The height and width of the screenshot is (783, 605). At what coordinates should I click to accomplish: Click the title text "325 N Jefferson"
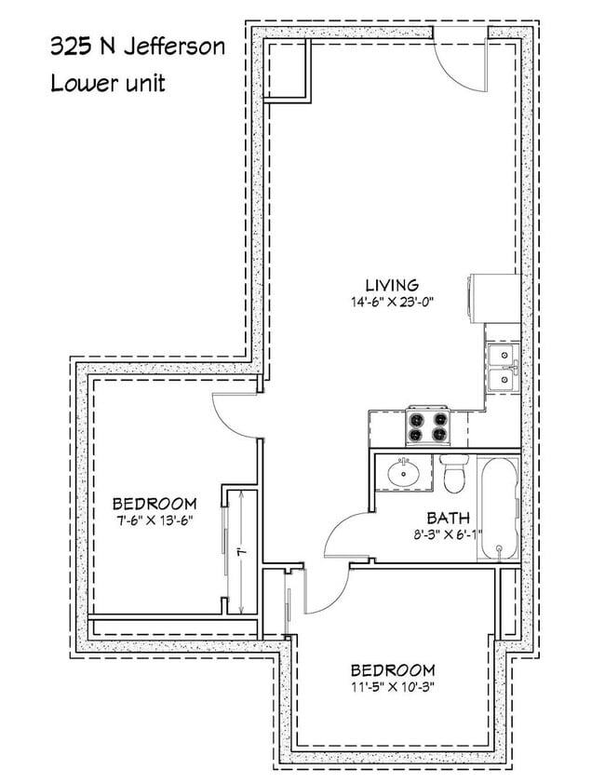coord(137,47)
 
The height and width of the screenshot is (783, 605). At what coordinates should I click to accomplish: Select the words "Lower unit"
coord(108,83)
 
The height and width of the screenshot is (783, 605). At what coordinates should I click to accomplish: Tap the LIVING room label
coord(391,284)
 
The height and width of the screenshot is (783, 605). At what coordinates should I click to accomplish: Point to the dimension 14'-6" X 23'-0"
coord(391,302)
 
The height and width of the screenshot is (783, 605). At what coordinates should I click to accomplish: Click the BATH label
coord(448,518)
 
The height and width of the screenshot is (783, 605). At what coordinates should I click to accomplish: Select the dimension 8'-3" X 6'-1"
coord(448,535)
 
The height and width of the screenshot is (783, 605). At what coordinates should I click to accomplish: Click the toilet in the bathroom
coord(455,475)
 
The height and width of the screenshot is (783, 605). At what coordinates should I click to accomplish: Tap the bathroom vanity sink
coord(405,472)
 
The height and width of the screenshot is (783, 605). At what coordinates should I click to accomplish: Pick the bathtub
coord(499,507)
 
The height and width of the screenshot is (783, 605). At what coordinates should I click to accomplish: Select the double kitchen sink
coord(502,367)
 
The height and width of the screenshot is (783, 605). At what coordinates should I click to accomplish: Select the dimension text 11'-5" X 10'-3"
coord(392,688)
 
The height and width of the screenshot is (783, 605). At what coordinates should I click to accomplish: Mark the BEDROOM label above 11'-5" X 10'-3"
coord(392,670)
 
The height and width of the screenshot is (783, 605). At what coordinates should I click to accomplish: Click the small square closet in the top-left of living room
coord(287,71)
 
